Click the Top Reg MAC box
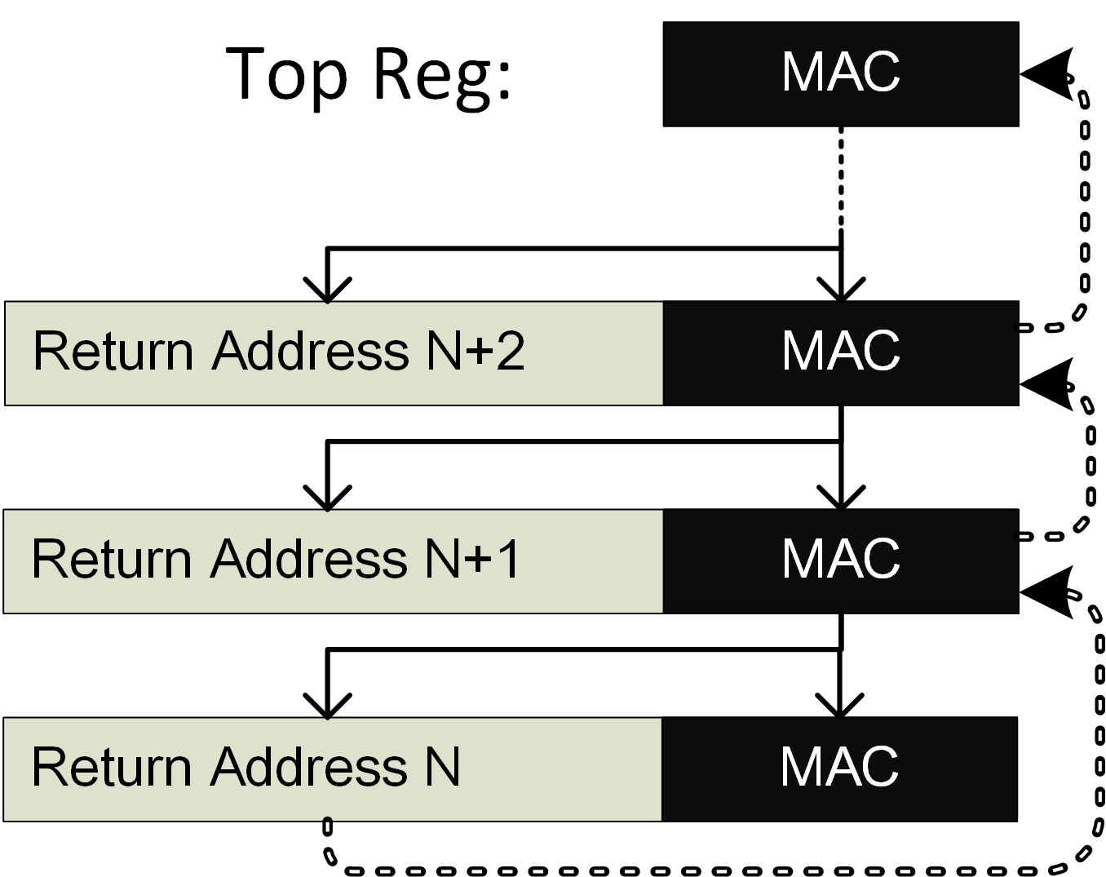(840, 74)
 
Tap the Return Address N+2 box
(334, 353)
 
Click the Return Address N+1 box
(334, 561)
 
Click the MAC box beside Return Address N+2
(840, 353)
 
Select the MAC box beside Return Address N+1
(840, 561)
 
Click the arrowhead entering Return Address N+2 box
(327, 290)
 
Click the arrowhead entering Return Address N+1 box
(327, 498)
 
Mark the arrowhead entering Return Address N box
(327, 706)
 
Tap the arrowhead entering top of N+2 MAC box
(841, 290)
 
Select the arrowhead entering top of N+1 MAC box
(841, 498)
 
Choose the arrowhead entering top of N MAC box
(840, 706)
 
